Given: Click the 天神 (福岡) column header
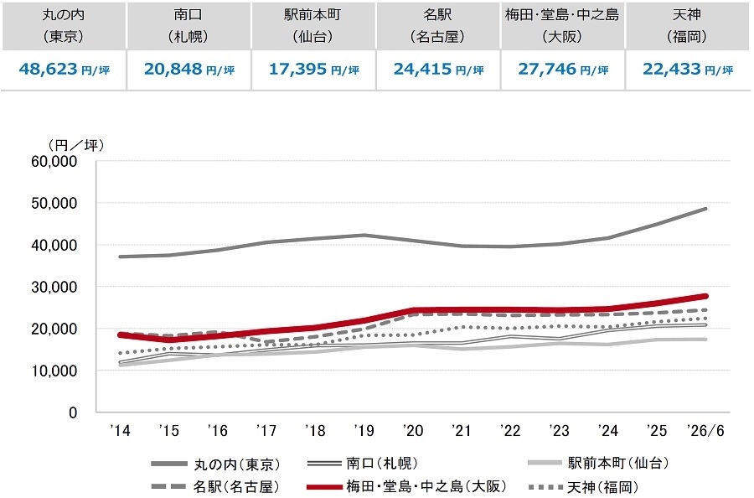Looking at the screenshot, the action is point(687,25).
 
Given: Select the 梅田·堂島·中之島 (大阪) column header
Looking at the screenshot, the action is point(562,25).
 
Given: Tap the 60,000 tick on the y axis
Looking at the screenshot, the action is point(54,161).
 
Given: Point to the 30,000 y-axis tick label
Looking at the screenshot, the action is point(54,287).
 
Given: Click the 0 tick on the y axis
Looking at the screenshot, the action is point(73,412).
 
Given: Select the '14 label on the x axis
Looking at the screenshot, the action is point(120,430).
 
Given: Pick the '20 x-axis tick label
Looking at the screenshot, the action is point(413,430).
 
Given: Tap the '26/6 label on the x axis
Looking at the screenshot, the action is point(705,430).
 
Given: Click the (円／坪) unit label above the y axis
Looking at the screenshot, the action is point(76,145).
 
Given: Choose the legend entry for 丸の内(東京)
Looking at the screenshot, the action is point(215,464).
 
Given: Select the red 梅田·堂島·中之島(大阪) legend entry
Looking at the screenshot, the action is point(406,486).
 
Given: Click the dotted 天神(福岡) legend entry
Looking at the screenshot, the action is point(583,487).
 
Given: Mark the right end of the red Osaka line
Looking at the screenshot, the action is point(705,296).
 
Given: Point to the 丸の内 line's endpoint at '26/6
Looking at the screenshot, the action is point(705,209).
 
